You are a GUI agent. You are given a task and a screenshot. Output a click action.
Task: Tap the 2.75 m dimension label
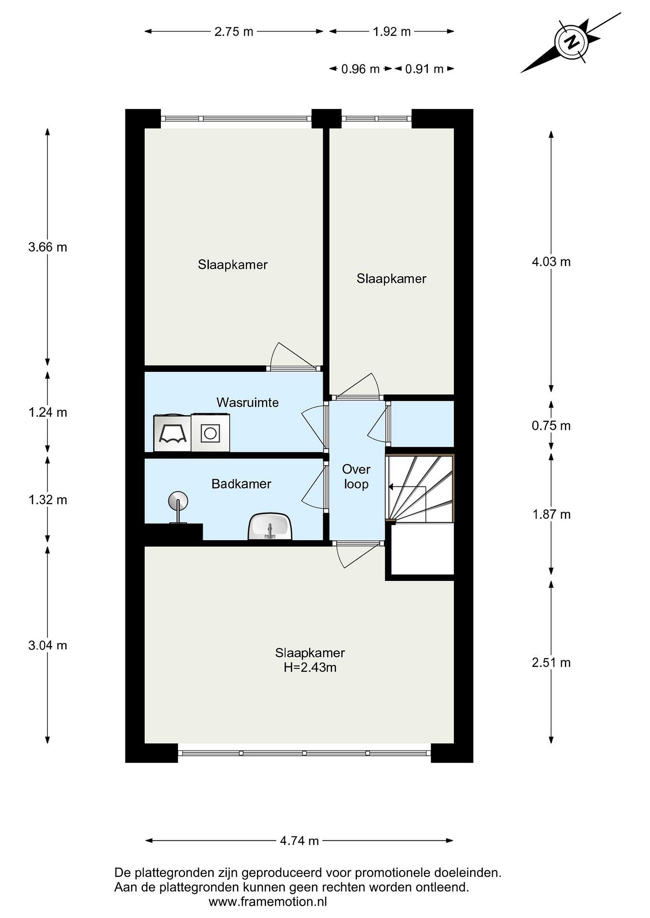(x=234, y=32)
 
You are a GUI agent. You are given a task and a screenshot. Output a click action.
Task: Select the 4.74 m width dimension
(x=299, y=841)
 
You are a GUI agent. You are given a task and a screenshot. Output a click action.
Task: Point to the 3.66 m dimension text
(x=48, y=247)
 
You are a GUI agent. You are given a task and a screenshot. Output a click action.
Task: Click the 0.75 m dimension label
(x=551, y=426)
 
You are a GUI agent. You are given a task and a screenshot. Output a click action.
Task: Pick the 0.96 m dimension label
(x=360, y=69)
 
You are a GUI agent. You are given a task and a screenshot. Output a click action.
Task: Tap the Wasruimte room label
(x=247, y=402)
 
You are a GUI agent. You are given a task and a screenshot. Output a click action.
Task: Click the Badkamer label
(x=241, y=484)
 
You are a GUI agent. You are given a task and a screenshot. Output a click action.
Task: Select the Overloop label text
(x=356, y=477)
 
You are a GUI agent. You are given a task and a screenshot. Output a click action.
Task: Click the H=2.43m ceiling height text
(x=310, y=667)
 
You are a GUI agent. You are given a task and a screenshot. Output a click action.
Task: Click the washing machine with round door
(x=210, y=433)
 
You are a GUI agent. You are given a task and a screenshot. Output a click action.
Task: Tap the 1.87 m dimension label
(x=551, y=514)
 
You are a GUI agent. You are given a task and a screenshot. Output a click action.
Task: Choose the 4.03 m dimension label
(x=551, y=262)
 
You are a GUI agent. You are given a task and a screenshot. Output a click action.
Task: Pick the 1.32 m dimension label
(x=48, y=500)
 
